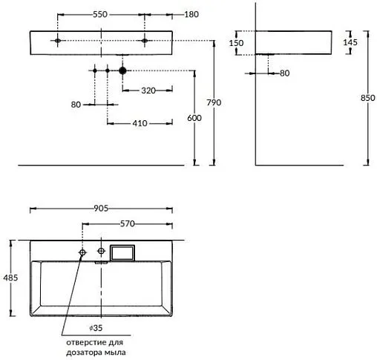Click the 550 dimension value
(100, 14)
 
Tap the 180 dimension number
(191, 14)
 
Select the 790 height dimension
(214, 102)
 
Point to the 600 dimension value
(194, 118)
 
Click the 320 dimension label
(148, 91)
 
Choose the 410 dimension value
(140, 123)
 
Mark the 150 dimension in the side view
(236, 43)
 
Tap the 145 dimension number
(350, 42)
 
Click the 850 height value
(368, 98)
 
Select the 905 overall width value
(101, 209)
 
